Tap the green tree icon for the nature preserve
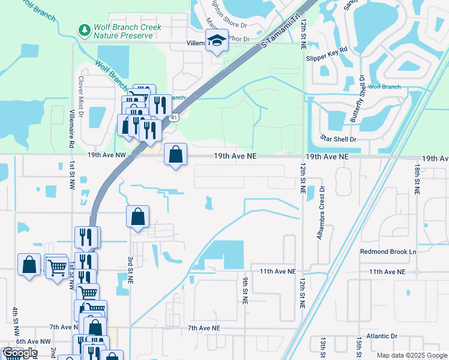click(x=85, y=29)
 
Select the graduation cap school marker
click(x=217, y=41)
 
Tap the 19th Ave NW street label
click(x=107, y=155)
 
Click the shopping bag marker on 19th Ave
click(x=175, y=155)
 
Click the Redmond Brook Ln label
click(x=388, y=251)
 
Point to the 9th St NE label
click(x=246, y=290)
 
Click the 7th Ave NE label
click(x=204, y=328)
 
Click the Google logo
click(x=20, y=353)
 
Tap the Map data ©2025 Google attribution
click(x=411, y=355)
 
